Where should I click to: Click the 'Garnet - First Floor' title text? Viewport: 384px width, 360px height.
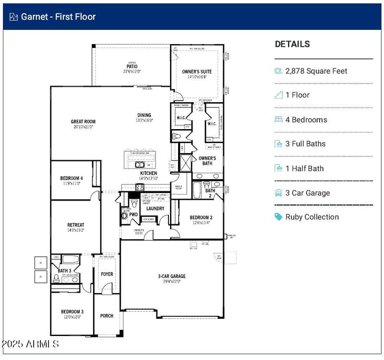(58, 17)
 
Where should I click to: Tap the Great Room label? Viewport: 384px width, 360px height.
(83, 121)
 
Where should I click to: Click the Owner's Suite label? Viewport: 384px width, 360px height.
(197, 72)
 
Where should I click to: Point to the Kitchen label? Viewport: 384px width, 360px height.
(148, 173)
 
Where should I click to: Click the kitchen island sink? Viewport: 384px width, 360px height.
(140, 164)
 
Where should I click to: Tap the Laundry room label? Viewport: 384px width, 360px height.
(155, 208)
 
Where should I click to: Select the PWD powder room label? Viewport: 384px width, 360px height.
(134, 215)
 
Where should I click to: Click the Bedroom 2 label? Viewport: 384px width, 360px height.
(201, 217)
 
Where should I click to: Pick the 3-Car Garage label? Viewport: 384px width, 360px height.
(171, 276)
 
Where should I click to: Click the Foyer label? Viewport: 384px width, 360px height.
(107, 274)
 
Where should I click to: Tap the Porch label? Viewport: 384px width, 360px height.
(107, 316)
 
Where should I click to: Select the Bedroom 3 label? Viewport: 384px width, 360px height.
(72, 312)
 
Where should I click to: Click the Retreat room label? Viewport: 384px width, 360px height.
(75, 225)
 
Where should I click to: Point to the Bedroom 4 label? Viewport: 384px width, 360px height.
(72, 178)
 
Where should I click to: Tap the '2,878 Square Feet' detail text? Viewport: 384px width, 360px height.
(316, 71)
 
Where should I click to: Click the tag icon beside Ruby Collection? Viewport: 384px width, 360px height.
(278, 217)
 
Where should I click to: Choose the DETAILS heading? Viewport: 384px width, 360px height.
(292, 44)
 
